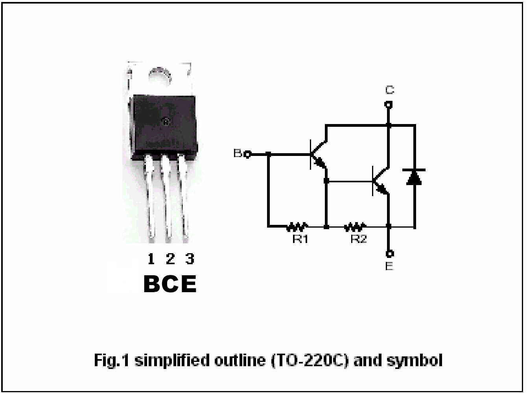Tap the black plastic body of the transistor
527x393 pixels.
pos(164,127)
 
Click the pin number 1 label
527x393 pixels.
pos(151,259)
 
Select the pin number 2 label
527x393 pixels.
pos(170,259)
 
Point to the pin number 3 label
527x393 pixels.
pos(190,259)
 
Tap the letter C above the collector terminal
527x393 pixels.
pos(390,90)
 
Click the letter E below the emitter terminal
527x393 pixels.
pos(389,266)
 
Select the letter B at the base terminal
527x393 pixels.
pos(238,153)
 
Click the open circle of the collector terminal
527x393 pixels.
pos(389,104)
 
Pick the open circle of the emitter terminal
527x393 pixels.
pos(390,254)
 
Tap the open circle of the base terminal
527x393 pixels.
pos(247,155)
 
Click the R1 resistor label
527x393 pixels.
pos(300,239)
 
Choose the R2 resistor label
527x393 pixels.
pos(359,239)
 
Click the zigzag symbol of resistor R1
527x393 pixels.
pos(297,227)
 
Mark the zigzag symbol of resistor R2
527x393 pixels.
pos(355,227)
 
